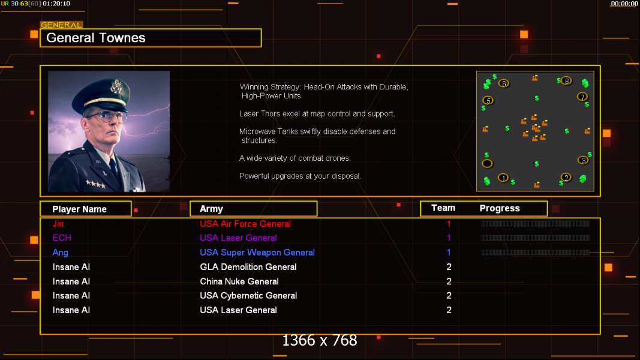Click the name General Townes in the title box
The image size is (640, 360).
pos(96,38)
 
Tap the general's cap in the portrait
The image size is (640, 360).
pos(108,90)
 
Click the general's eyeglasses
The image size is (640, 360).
pos(106,115)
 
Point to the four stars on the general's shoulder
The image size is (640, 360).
pos(94,184)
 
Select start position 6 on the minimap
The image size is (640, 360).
pos(504,83)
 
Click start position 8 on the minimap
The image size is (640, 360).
pos(566,80)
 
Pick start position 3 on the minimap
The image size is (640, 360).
pos(583,160)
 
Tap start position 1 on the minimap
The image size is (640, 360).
pos(503,178)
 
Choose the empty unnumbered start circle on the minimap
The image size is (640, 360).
pos(488,164)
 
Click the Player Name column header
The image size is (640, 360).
pos(79,209)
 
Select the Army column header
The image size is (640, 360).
pos(211,209)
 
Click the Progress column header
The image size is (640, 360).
pos(500,208)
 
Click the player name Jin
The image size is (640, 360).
pos(58,224)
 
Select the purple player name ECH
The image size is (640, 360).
pos(62,238)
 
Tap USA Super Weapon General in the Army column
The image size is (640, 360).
pos(257,253)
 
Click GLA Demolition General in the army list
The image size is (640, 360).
pos(248,267)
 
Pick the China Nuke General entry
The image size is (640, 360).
pos(239,281)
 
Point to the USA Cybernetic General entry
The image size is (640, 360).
pos(248,296)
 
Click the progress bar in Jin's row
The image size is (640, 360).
pos(535,224)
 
